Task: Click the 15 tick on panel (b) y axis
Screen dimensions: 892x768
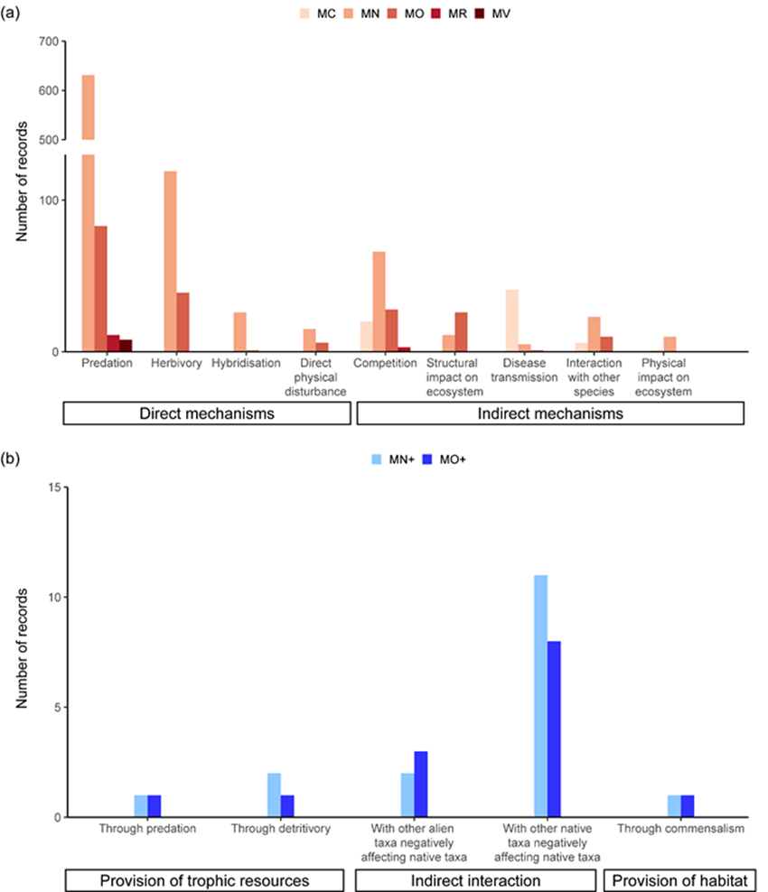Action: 51,488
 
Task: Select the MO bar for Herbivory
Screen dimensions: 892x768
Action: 183,321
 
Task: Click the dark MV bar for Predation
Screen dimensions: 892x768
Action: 126,345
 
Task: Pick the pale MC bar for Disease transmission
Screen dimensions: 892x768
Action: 511,320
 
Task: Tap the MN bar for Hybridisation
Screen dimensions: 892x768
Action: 239,331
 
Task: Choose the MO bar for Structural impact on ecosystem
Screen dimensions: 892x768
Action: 461,331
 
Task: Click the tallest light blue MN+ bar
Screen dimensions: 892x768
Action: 540,695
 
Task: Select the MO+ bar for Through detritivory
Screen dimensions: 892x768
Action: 287,805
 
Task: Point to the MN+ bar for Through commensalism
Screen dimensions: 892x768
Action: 674,805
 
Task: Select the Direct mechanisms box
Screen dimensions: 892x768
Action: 206,414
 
